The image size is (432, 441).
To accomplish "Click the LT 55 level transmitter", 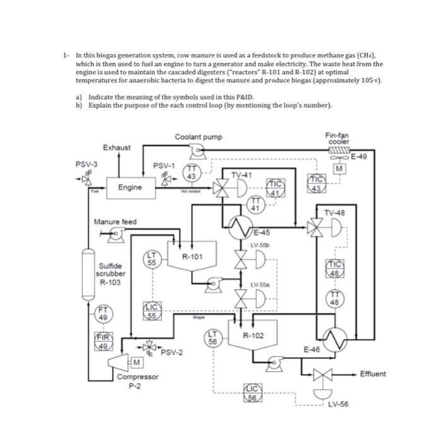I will click(152, 258).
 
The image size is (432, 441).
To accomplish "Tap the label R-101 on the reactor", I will click(192, 256).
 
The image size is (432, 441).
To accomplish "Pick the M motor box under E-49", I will click(341, 168).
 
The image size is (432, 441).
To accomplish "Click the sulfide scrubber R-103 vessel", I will click(86, 277).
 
